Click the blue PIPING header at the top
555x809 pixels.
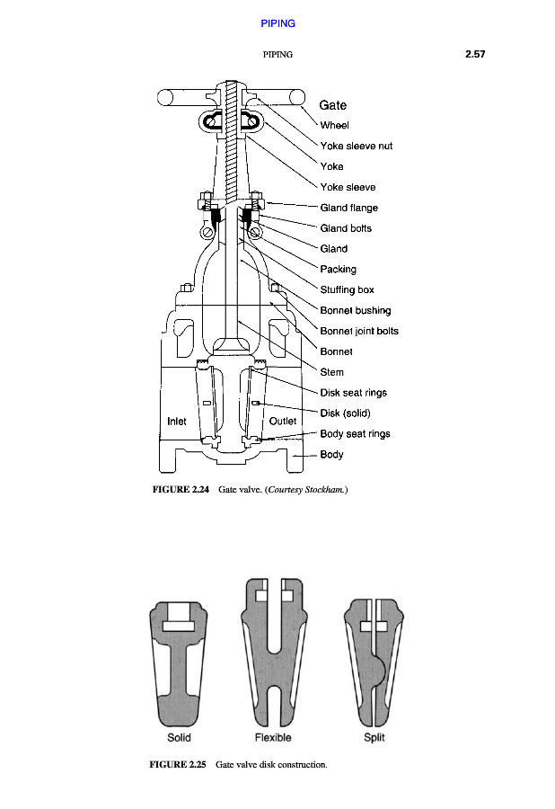point(277,22)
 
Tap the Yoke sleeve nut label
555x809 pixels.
point(356,146)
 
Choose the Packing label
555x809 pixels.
point(338,269)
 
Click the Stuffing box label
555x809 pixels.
point(347,289)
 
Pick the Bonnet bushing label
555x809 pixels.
point(355,310)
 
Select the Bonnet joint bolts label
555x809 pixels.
point(359,331)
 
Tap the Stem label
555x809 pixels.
point(331,372)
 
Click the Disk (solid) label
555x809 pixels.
point(346,413)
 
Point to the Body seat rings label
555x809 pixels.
point(355,434)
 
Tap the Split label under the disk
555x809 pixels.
point(374,738)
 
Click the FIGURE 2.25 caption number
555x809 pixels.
point(178,765)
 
